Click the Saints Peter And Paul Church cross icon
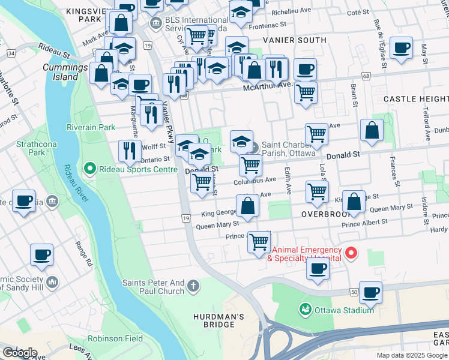(x=193, y=286)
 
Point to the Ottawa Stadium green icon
(x=306, y=310)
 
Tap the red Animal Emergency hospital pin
(x=351, y=253)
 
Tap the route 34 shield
(x=11, y=53)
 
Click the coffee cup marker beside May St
(x=401, y=47)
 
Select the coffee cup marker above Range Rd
(x=41, y=254)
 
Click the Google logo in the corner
(x=20, y=352)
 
